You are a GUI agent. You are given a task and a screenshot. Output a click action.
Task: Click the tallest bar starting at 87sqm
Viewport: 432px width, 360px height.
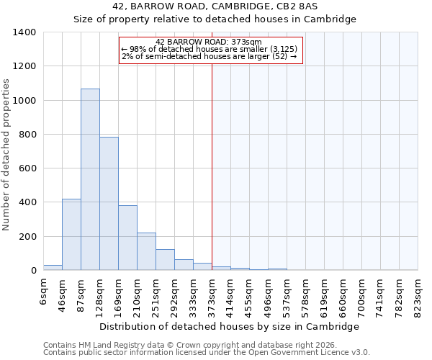pyautogui.click(x=90, y=180)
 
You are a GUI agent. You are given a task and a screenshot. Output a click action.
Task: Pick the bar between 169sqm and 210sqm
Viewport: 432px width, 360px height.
pyautogui.click(x=127, y=238)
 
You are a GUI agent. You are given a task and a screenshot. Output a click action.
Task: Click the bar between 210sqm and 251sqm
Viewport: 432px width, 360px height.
pyautogui.click(x=146, y=251)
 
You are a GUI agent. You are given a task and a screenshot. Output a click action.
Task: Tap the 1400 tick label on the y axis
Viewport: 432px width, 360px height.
pyautogui.click(x=24, y=32)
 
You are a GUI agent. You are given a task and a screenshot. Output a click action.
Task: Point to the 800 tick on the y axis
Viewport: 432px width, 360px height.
pyautogui.click(x=27, y=135)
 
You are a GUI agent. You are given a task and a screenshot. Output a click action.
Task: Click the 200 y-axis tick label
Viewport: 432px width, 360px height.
pyautogui.click(x=27, y=237)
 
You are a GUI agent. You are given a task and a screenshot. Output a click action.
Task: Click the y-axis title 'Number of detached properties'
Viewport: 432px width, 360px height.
pyautogui.click(x=6, y=151)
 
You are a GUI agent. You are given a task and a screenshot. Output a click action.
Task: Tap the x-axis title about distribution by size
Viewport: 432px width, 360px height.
pyautogui.click(x=229, y=326)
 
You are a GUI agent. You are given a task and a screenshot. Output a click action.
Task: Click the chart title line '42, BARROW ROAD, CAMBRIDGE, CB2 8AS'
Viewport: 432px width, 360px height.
pyautogui.click(x=215, y=6)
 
